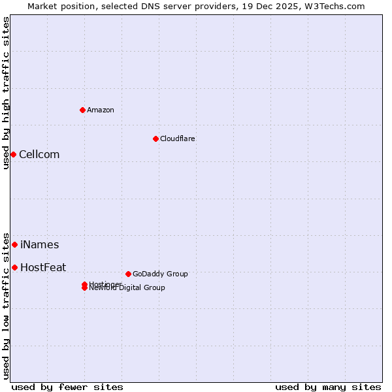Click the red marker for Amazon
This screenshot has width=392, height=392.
[x=82, y=110]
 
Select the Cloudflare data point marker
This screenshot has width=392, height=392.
[x=155, y=139]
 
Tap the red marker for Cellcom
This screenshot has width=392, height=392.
[x=13, y=154]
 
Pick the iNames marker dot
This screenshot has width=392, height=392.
[x=14, y=244]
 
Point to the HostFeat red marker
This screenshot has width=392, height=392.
[x=14, y=267]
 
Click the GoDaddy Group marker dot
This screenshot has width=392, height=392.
[x=128, y=274]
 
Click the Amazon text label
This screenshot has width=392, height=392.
[x=101, y=110]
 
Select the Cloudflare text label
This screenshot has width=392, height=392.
[x=177, y=139]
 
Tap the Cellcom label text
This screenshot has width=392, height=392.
[x=39, y=155]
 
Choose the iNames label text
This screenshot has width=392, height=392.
[x=39, y=245]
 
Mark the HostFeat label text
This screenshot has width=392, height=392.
[x=43, y=268]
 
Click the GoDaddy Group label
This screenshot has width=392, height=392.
[x=160, y=274]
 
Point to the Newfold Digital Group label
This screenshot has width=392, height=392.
[x=128, y=288]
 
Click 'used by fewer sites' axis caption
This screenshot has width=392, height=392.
[x=67, y=387]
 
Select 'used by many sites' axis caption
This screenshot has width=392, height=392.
[x=328, y=387]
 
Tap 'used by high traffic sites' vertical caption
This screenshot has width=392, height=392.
[x=6, y=93]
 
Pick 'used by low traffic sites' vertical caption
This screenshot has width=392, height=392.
[x=6, y=305]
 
